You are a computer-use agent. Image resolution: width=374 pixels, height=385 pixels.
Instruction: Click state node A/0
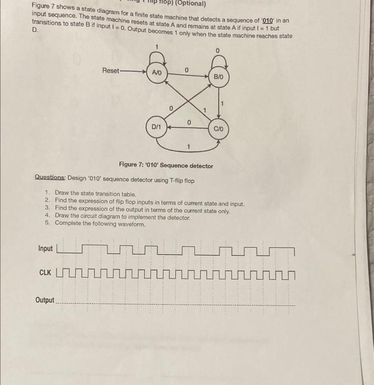click(157, 72)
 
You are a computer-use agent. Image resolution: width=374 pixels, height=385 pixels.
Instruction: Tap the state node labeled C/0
click(219, 128)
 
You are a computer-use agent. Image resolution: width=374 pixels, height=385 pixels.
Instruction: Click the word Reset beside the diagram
click(112, 71)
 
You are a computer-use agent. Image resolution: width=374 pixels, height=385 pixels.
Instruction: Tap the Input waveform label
click(46, 249)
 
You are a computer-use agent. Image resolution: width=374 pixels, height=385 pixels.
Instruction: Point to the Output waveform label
click(45, 300)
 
